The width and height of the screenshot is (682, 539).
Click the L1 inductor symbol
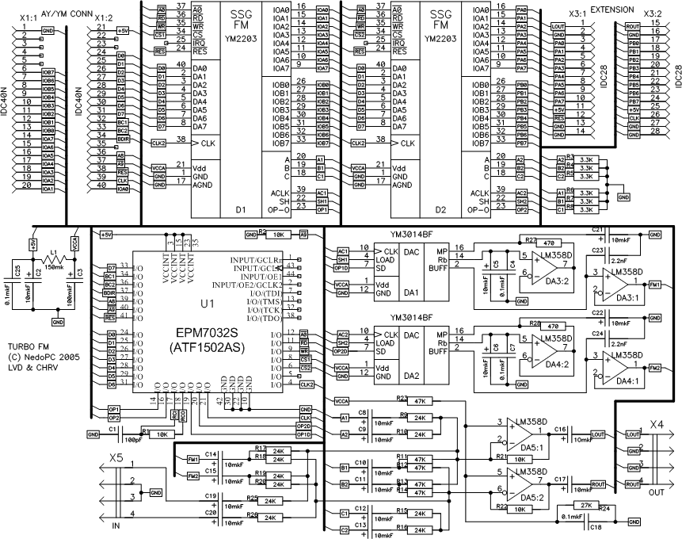pyautogui.click(x=54, y=259)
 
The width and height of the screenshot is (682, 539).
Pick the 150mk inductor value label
pyautogui.click(x=55, y=268)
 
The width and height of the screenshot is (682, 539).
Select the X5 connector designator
pyautogui.click(x=116, y=457)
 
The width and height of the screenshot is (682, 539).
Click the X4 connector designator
pyautogui.click(x=657, y=425)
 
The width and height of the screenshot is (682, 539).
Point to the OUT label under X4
pyautogui.click(x=657, y=492)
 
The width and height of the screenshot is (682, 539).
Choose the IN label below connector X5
pyautogui.click(x=116, y=526)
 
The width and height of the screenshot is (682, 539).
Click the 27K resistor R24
pyautogui.click(x=586, y=505)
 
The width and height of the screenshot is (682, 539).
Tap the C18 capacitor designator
pyautogui.click(x=596, y=527)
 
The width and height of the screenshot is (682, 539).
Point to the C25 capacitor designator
pyautogui.click(x=18, y=272)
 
